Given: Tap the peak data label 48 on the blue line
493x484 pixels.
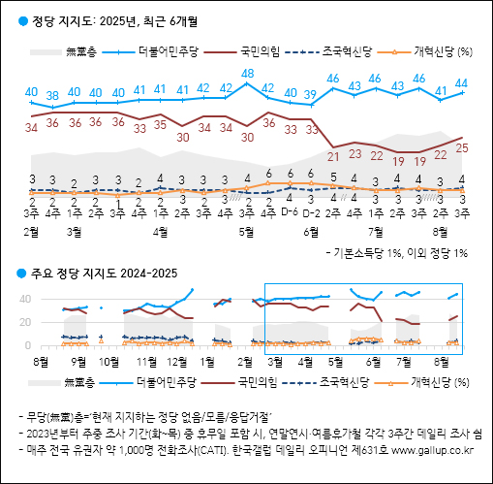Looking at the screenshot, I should pyautogui.click(x=247, y=74).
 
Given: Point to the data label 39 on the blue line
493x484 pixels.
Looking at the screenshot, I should pyautogui.click(x=310, y=94).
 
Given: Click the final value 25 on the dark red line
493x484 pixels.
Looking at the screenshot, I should pyautogui.click(x=463, y=147).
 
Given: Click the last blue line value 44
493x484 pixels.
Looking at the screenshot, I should pyautogui.click(x=463, y=83).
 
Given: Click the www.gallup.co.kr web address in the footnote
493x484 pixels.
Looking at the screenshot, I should pyautogui.click(x=429, y=449).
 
